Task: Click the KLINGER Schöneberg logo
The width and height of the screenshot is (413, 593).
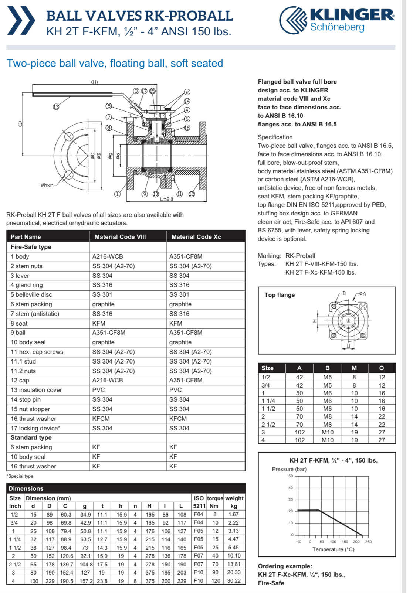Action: point(336,20)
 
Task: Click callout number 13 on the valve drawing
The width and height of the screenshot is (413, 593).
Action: point(56,107)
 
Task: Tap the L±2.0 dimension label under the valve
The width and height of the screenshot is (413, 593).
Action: point(166,199)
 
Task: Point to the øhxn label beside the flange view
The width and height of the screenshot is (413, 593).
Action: point(47,185)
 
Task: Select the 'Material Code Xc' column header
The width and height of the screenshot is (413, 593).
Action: point(196,237)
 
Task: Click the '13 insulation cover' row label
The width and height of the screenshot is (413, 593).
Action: point(36,390)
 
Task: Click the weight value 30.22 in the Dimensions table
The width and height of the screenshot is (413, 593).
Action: point(234,581)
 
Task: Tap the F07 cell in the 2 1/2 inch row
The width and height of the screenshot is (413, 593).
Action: point(199,564)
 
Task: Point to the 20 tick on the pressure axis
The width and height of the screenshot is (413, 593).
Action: point(291,511)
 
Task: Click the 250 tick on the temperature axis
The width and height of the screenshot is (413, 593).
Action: point(368,542)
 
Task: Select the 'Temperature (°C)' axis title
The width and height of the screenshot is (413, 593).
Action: point(333,549)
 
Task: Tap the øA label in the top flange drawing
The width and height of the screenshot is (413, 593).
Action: point(362,294)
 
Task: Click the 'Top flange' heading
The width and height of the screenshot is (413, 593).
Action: point(280,295)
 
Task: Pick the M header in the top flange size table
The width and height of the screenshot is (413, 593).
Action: point(354,368)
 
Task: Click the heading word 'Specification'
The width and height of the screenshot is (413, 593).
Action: point(275,137)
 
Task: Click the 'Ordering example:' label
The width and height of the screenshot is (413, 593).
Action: point(285,566)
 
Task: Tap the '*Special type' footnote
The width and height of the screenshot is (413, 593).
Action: point(20,476)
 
